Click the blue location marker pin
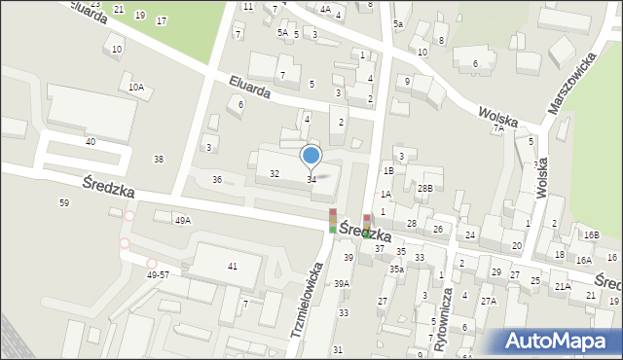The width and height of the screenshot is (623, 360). click(311, 155)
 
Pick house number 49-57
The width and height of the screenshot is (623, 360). click(163, 275)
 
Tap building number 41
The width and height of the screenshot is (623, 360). click(232, 266)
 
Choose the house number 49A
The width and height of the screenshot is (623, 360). click(183, 221)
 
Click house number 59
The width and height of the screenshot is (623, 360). click(64, 202)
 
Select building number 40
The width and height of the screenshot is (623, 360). click(90, 141)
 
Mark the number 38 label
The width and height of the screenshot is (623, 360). click(159, 159)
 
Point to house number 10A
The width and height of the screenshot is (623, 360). click(135, 87)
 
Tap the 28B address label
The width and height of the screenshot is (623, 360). click(424, 188)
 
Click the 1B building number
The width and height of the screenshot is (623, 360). click(387, 170)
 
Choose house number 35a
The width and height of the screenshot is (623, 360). click(397, 269)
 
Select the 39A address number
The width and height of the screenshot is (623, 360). click(342, 283)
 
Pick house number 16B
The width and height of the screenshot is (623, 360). click(591, 234)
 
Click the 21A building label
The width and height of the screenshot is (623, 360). click(563, 287)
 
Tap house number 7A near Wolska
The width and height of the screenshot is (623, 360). click(498, 127)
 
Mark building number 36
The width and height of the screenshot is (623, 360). click(217, 179)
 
